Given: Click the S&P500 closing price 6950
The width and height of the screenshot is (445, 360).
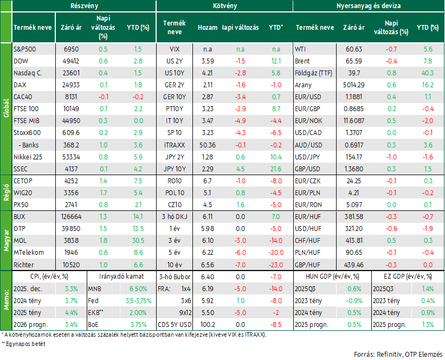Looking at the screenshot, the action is click(x=71, y=49).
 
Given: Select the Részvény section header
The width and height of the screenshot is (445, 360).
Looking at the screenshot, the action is click(x=85, y=5).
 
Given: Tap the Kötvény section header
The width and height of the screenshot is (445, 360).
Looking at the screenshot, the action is click(x=225, y=5).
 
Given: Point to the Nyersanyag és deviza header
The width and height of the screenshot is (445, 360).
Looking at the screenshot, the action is click(x=369, y=5).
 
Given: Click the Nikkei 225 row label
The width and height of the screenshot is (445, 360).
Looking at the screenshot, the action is click(x=28, y=157).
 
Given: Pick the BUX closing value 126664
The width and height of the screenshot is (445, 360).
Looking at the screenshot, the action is click(x=71, y=217).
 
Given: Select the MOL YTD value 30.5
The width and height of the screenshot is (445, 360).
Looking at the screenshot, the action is click(x=138, y=241).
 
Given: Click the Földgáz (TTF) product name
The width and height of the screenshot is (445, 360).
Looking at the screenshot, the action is click(x=313, y=73).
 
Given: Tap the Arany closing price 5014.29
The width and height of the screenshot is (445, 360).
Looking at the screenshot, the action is click(x=353, y=85).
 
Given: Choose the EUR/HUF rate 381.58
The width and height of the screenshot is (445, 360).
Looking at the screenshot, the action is click(x=353, y=217).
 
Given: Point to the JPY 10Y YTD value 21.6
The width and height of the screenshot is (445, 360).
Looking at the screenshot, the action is click(x=276, y=169).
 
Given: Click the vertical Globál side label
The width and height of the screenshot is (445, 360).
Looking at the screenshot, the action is click(x=7, y=108).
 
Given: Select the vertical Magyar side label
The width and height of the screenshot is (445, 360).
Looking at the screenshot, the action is click(x=7, y=241).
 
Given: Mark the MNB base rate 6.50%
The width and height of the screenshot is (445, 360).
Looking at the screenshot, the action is click(x=138, y=289).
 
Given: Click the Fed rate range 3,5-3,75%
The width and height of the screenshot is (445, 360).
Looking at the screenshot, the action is click(x=139, y=301).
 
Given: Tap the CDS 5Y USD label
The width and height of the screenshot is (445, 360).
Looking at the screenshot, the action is click(x=175, y=325).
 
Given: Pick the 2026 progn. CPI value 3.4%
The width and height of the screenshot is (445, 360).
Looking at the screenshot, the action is click(x=71, y=325).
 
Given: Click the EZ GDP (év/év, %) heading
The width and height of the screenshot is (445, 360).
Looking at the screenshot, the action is click(x=408, y=277).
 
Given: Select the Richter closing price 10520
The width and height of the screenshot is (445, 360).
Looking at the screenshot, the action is click(x=71, y=265).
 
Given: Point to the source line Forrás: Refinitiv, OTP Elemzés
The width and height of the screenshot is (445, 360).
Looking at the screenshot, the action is click(x=398, y=355).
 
